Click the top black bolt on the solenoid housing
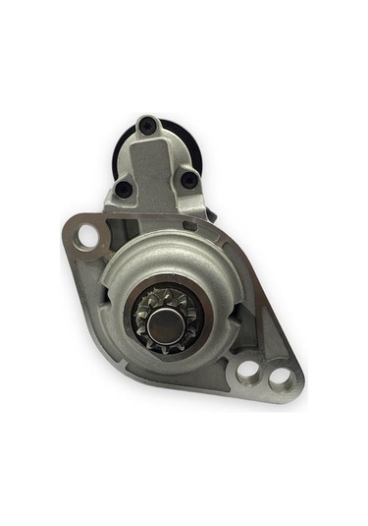(147, 125)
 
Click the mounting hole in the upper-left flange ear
(87, 236)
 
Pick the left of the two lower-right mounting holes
(248, 370)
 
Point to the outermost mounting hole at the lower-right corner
(280, 377)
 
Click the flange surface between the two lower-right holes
(264, 374)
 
